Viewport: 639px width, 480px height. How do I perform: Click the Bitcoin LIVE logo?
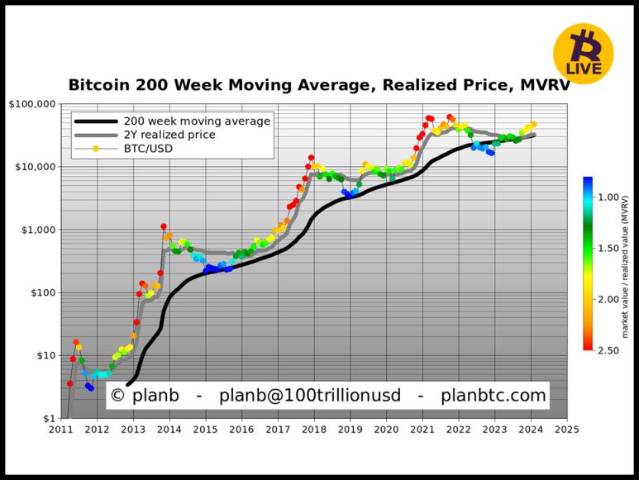(x=583, y=54)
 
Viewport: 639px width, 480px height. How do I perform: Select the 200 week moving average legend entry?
(x=197, y=121)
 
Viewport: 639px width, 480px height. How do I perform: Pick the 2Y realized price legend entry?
(x=169, y=135)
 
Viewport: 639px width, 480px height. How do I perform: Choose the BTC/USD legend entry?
(x=148, y=148)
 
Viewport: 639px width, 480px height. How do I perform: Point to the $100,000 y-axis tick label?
(x=32, y=104)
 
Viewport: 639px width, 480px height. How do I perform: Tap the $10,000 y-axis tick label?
(x=36, y=167)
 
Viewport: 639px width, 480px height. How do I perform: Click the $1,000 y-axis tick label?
(x=38, y=230)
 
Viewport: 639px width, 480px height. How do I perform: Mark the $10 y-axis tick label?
(x=45, y=355)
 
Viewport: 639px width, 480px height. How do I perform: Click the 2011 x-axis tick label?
(x=60, y=430)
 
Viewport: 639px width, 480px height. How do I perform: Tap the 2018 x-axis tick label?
(x=313, y=430)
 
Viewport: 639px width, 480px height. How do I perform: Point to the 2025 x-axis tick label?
(x=566, y=430)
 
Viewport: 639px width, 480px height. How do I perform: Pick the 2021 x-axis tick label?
(x=422, y=430)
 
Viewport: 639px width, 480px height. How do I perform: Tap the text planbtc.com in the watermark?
(x=493, y=396)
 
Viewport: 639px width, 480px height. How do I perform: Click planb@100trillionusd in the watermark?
(x=310, y=396)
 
